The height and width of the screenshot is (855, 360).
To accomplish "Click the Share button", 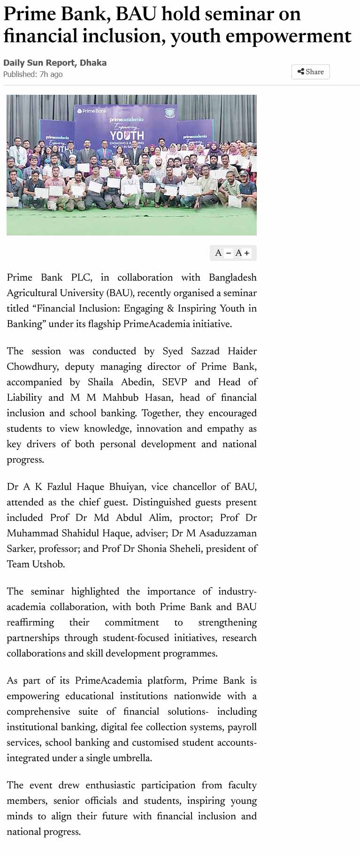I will (x=311, y=72).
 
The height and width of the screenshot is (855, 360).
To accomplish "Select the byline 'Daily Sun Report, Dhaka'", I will (x=55, y=63).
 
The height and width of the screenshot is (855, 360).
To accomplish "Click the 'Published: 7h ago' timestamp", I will (x=33, y=74).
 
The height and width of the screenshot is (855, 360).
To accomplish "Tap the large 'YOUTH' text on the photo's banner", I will (x=127, y=135).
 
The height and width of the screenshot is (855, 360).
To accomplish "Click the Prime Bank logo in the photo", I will (x=92, y=111).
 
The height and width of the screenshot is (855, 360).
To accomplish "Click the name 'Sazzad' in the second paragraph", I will (x=205, y=351).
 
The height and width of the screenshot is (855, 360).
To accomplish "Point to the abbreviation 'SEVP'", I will (x=174, y=382).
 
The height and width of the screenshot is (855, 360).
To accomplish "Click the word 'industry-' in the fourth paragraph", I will (x=237, y=591).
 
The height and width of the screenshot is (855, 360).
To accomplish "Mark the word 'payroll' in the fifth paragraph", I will (x=242, y=727).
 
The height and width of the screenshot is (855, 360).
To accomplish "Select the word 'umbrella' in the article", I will (x=132, y=758).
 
